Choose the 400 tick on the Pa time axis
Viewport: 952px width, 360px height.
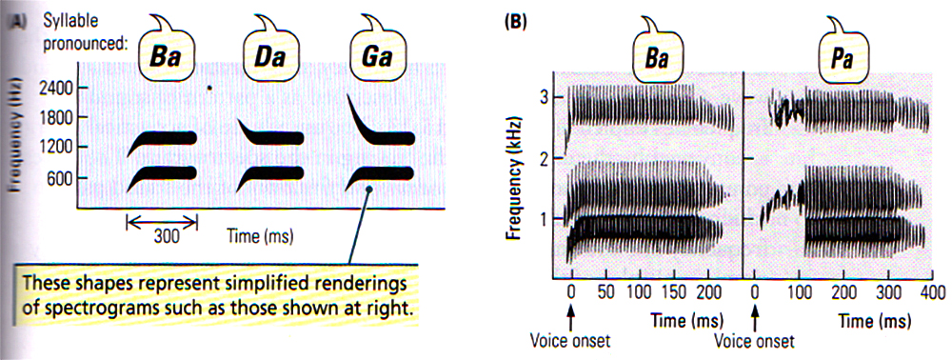pos(919,290)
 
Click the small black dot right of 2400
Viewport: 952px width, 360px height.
pos(210,89)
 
